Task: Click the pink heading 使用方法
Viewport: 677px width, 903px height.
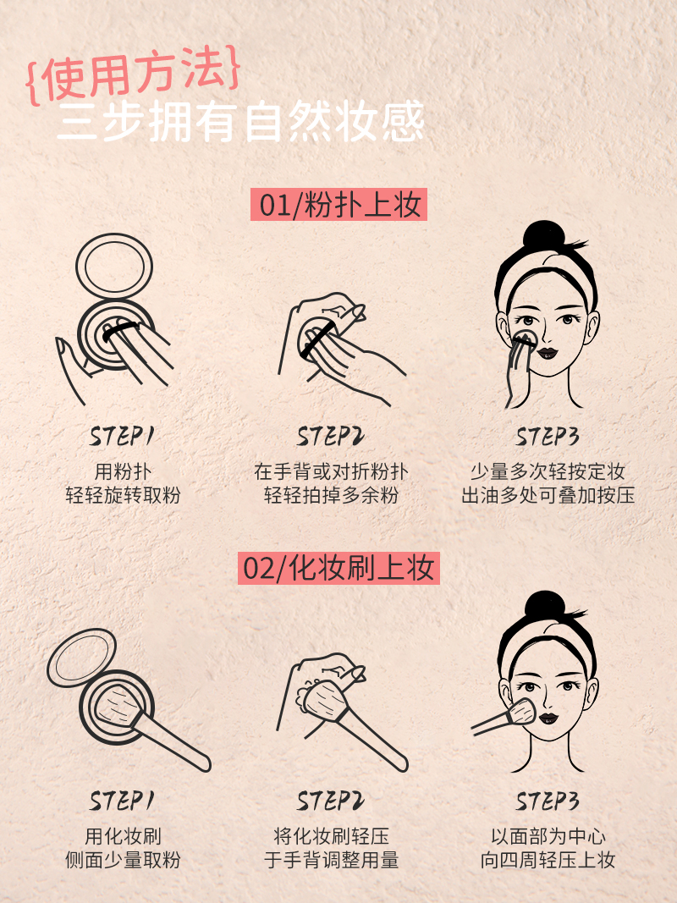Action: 133,75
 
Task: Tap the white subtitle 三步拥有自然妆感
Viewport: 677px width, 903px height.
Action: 240,122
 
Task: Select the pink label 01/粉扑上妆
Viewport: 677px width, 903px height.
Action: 339,205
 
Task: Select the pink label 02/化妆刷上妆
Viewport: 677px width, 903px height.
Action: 338,569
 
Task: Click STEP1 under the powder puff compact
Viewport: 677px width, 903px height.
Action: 122,437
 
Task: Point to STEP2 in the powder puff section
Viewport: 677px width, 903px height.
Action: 330,437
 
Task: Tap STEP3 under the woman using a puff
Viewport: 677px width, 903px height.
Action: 547,437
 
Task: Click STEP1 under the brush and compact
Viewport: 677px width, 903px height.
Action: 122,801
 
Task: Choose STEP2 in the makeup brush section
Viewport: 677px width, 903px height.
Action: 330,801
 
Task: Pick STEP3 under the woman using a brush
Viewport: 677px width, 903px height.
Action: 547,801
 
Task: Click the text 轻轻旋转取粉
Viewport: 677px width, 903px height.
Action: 123,495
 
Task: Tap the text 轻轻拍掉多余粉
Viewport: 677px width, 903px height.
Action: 331,495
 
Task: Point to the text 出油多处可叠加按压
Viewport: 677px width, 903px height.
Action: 548,495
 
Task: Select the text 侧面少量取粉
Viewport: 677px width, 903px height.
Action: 123,860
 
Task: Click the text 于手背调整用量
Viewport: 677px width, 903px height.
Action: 331,860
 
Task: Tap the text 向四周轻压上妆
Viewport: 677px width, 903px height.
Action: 548,860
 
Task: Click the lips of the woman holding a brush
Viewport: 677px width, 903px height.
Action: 548,719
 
